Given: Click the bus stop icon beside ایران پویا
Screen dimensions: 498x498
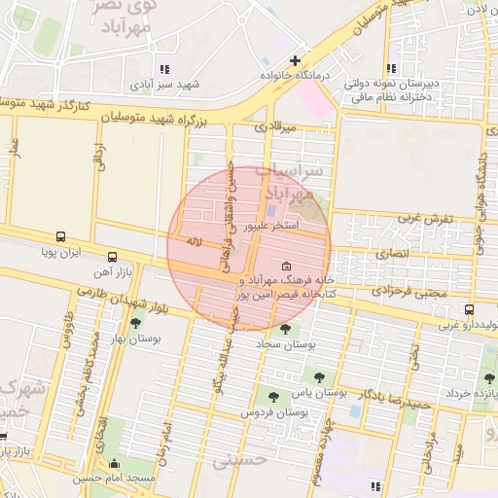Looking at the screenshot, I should pos(61,236).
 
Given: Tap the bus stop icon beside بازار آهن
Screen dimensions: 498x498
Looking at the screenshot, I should pos(112,258).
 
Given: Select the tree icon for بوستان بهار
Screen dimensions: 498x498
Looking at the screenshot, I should pos(134,324).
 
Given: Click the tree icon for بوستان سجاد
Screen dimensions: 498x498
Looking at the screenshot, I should pos(285,329).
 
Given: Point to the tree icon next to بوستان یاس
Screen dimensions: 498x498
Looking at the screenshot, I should pos(317,376).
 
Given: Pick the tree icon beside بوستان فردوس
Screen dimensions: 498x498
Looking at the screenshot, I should pos(273,396).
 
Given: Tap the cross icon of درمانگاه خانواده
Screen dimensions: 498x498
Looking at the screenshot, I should pos(295,60).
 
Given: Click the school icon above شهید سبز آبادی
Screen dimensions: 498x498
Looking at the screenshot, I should pos(163,69).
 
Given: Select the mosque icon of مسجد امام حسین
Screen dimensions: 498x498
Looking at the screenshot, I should pos(116,463).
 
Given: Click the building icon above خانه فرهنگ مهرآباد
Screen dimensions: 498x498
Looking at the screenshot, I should pos(285,267).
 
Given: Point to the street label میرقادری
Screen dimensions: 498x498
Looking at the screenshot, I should pos(273,126).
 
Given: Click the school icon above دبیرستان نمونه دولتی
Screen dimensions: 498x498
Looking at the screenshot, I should pos(391,69).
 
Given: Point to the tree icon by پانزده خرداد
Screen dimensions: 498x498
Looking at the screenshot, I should pos(488,377).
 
